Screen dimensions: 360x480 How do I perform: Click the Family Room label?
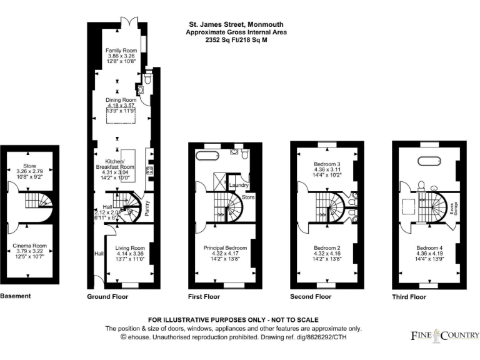click(x=121, y=50)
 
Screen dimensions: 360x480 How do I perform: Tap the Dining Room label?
click(x=121, y=100)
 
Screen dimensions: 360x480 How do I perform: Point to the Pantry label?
click(x=147, y=208)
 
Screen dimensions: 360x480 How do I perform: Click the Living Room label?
click(x=129, y=248)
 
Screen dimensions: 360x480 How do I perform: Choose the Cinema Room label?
click(x=30, y=246)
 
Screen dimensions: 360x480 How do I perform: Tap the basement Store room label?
click(x=30, y=166)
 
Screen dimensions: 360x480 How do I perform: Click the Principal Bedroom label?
click(x=222, y=248)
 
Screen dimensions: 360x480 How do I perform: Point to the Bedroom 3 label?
click(x=327, y=164)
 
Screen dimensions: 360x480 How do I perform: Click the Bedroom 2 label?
click(x=326, y=248)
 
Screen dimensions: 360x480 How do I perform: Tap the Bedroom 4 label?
click(x=429, y=248)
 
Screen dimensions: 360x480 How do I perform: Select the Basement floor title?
click(x=14, y=296)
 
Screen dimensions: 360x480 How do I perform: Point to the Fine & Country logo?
click(x=444, y=336)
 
